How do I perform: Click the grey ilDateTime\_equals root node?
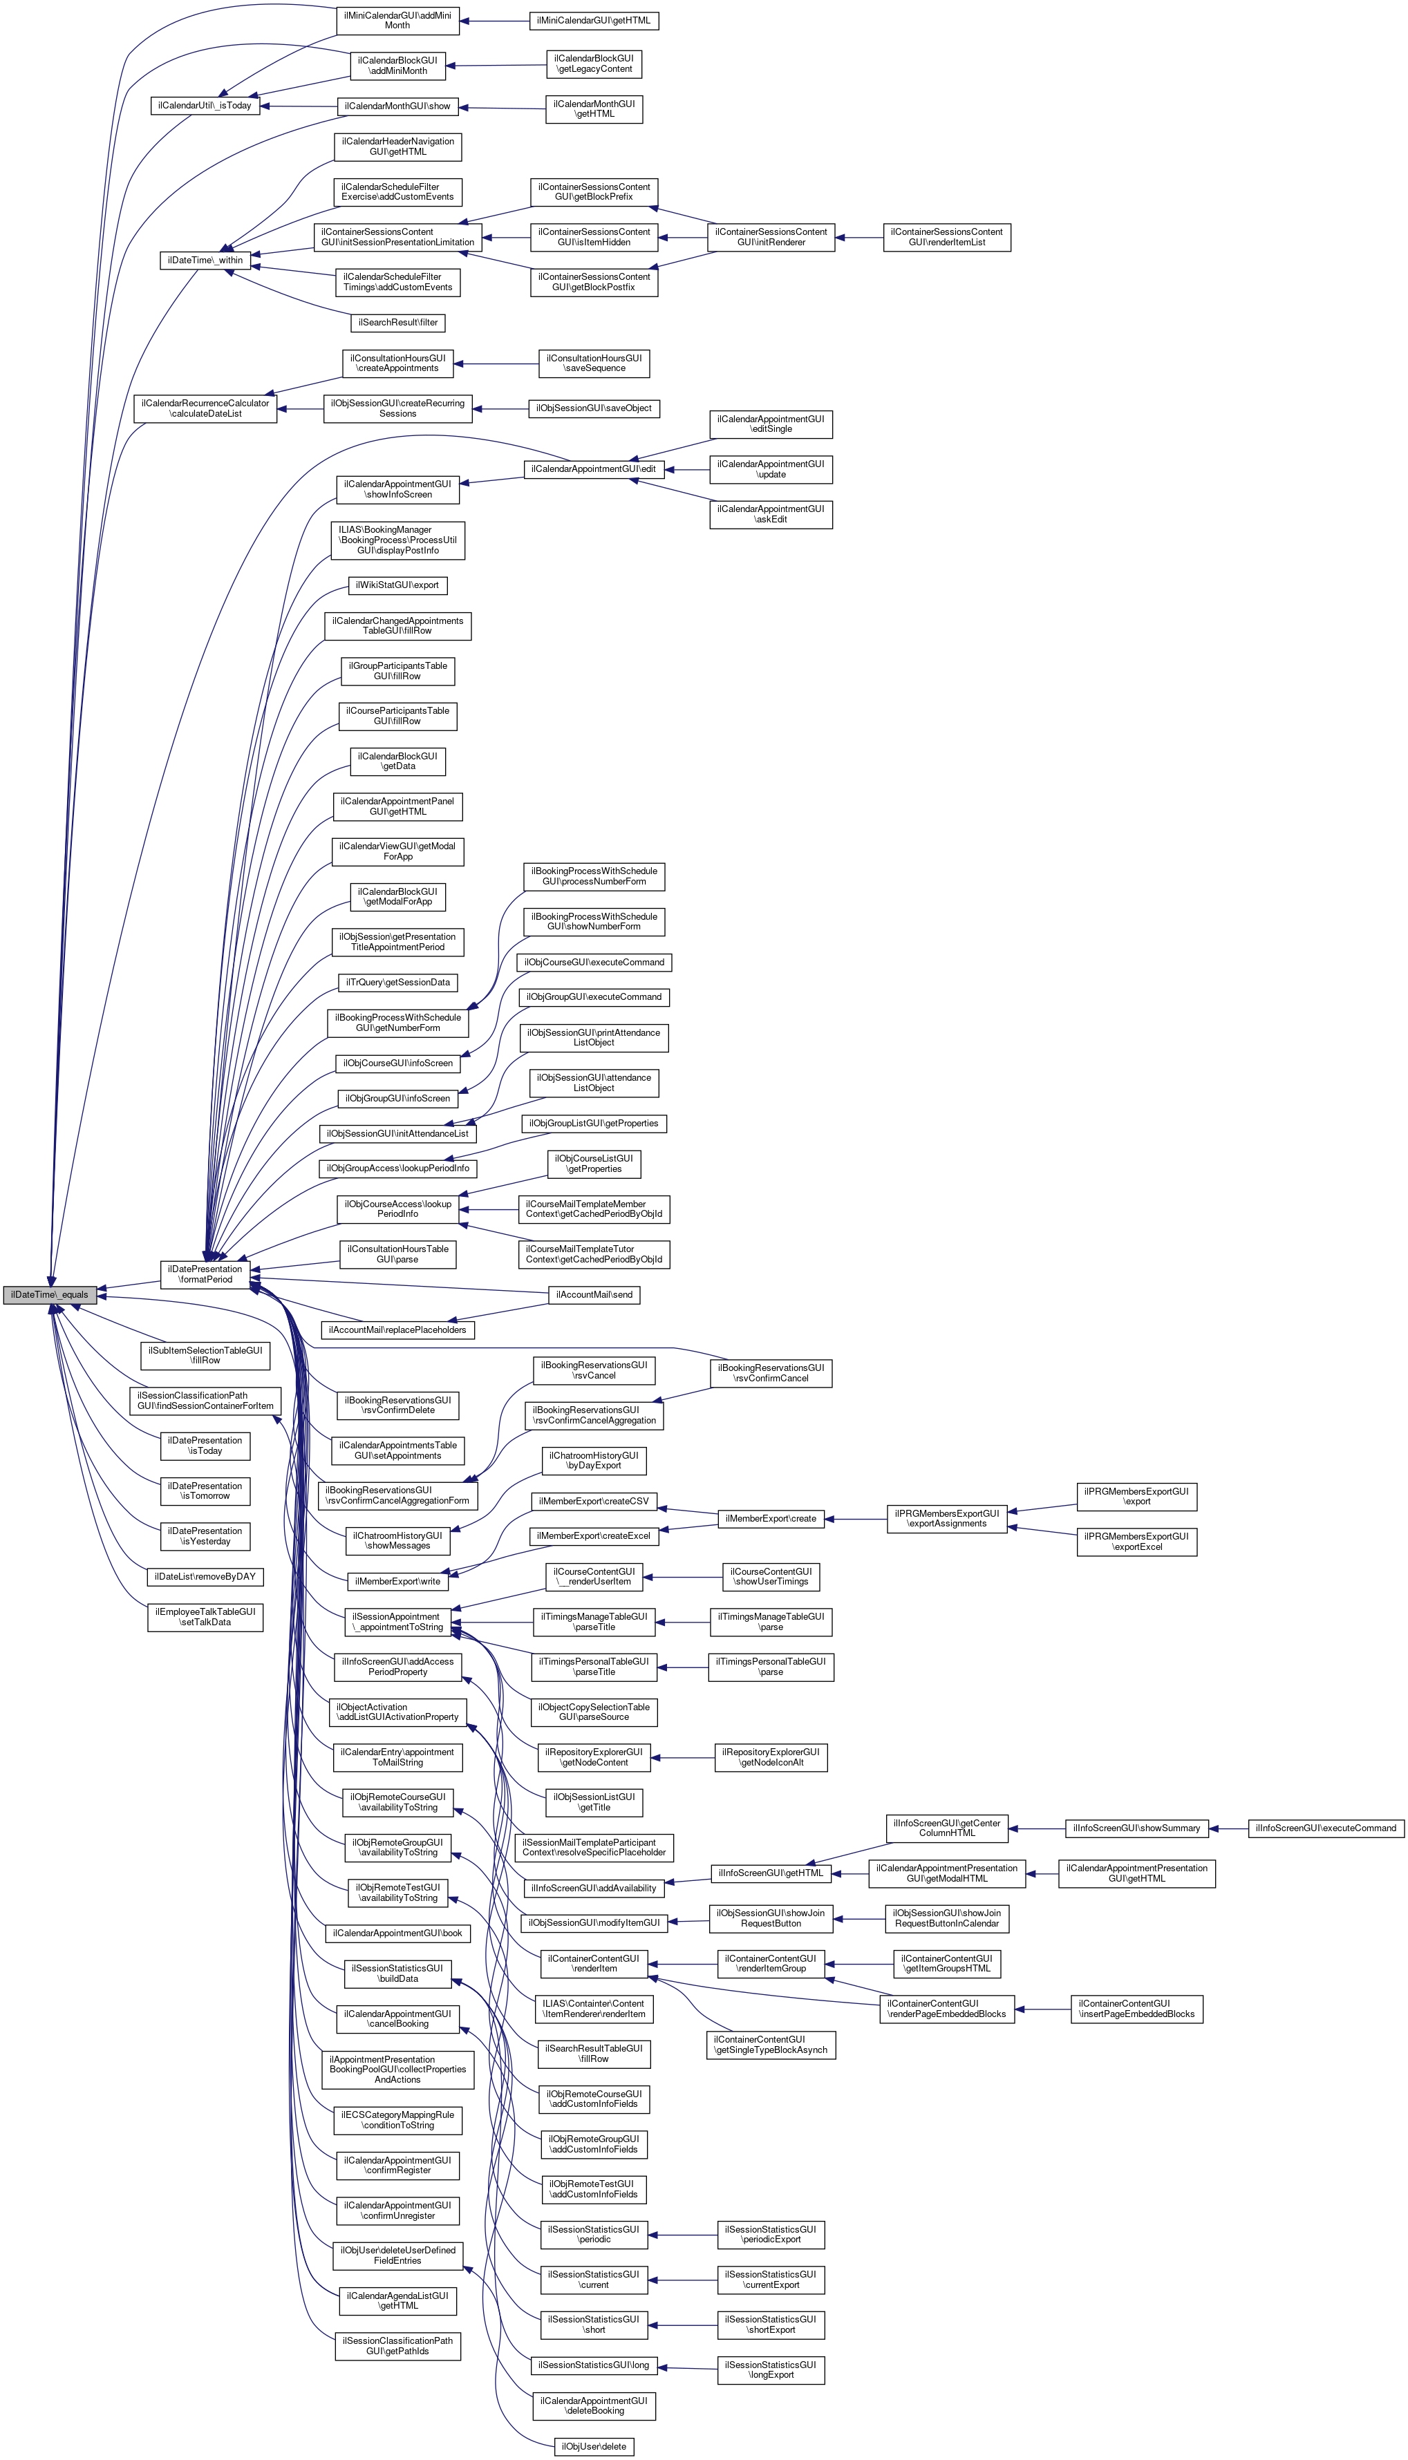[x=49, y=1294]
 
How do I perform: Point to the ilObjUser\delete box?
[x=594, y=2446]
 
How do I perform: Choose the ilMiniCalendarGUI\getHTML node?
[x=594, y=20]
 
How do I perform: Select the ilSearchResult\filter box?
[x=397, y=322]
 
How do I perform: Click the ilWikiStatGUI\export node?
[x=397, y=585]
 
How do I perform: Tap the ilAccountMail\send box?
[x=594, y=1294]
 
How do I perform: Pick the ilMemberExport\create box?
[x=771, y=1519]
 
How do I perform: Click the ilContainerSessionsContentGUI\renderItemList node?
[x=947, y=237]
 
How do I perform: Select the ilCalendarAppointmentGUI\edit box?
[x=594, y=469]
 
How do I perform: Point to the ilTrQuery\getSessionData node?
[x=397, y=982]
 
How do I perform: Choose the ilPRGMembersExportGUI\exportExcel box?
[x=1136, y=1542]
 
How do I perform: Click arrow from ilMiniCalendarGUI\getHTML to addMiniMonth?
[x=494, y=20]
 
